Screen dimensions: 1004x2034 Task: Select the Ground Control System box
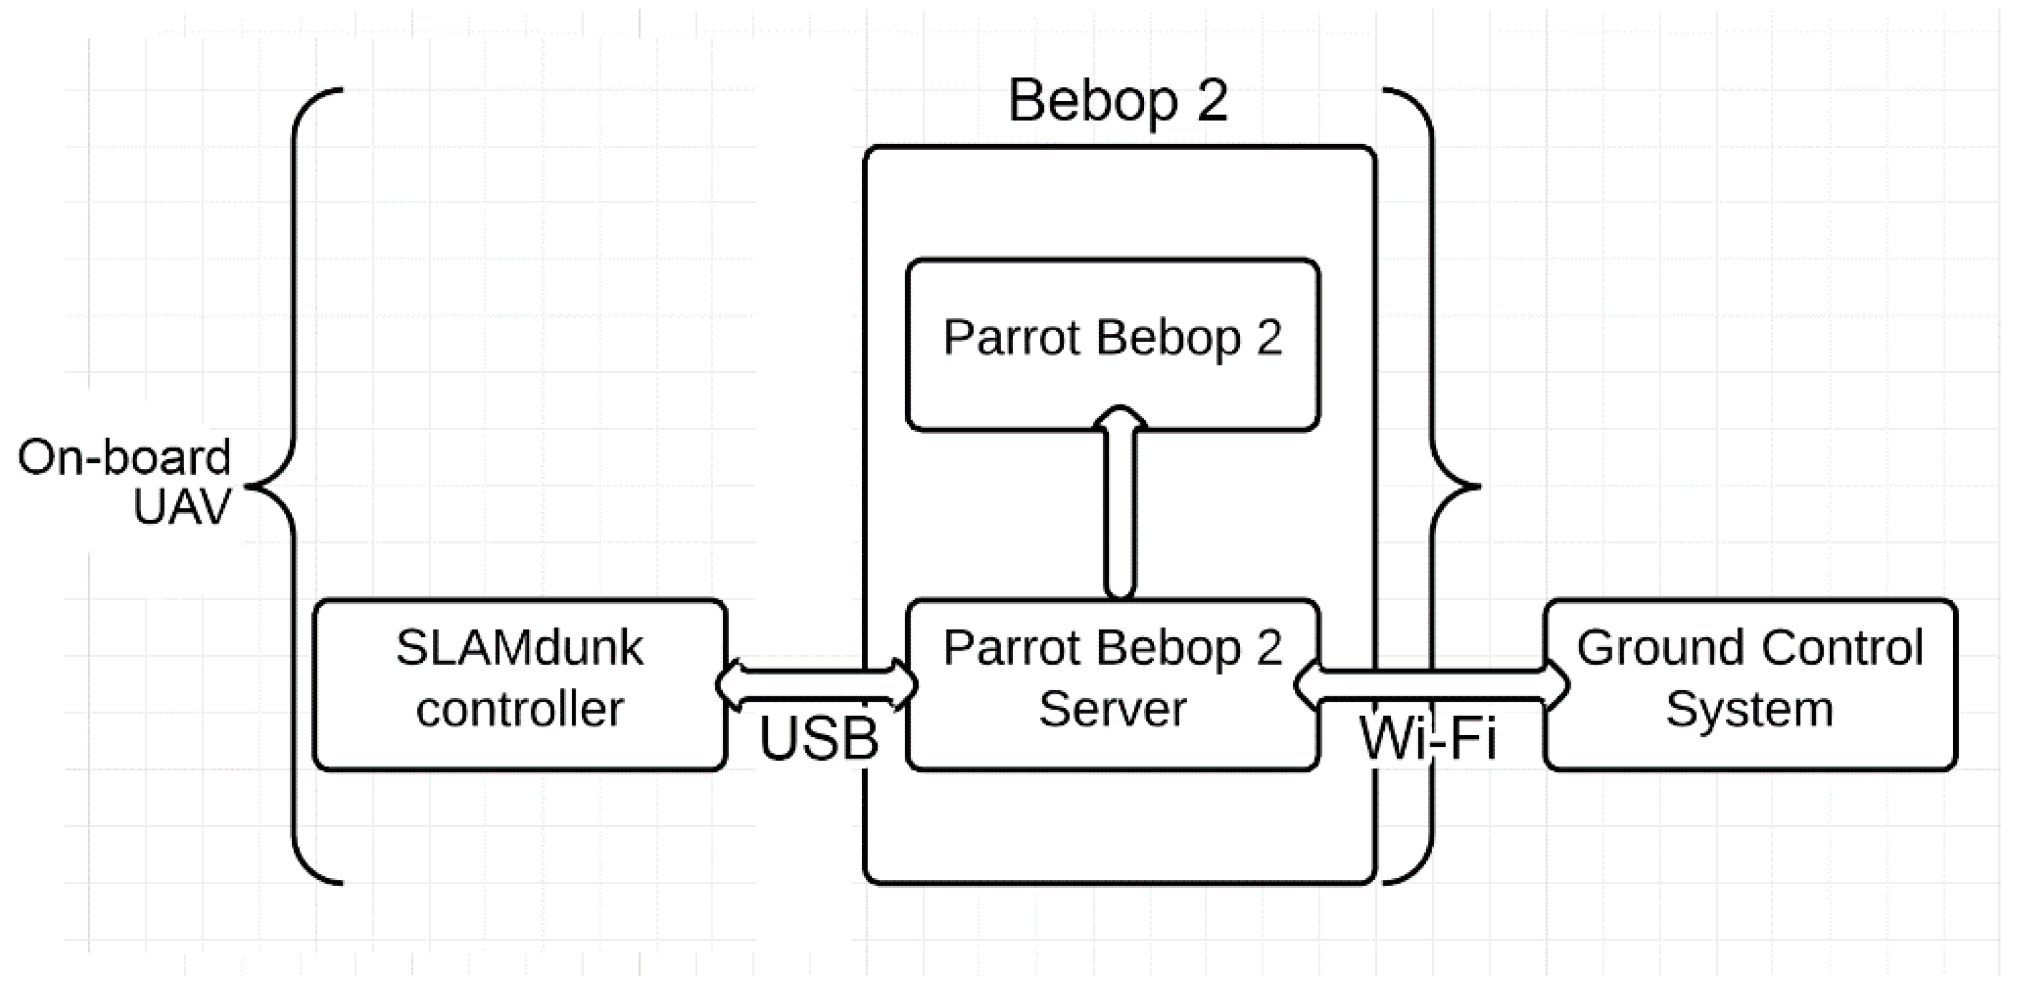1749,684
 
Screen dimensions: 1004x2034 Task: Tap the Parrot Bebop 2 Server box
1112,684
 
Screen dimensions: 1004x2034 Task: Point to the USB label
819,739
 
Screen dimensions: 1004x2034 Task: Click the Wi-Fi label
1427,739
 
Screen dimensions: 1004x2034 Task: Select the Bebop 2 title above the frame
1118,101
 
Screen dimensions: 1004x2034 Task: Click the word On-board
125,457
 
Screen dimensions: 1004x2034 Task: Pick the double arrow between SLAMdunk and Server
816,684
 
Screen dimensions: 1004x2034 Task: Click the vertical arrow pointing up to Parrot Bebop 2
1120,513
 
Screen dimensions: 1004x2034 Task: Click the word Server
1112,708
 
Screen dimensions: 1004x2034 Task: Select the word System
1749,708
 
